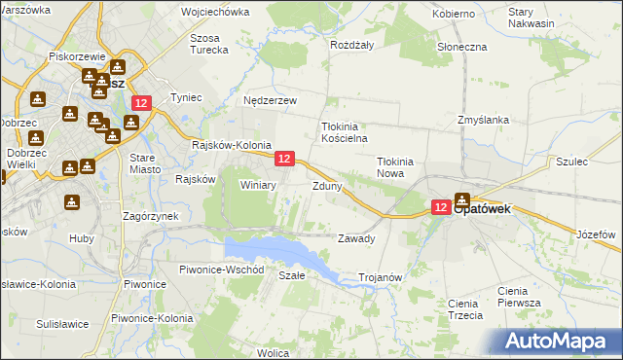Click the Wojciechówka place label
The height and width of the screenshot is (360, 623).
point(215,14)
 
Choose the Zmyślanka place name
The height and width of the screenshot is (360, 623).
point(484,120)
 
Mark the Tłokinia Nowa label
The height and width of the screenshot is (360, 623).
point(396,168)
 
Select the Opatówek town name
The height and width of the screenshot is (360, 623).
point(493,208)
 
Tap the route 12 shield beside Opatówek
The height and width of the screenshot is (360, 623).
point(440,207)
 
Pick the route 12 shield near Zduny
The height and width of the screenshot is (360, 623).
point(284,158)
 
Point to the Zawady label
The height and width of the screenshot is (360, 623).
point(355,238)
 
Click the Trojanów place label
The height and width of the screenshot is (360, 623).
point(381,277)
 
